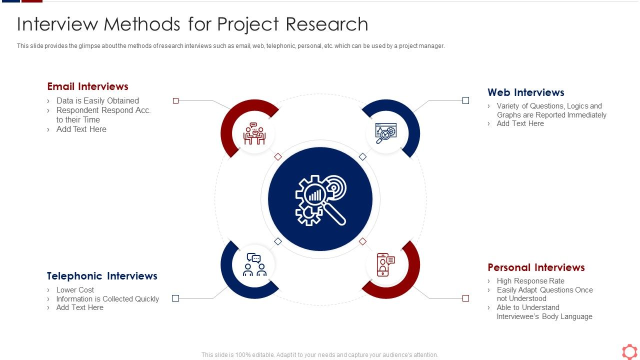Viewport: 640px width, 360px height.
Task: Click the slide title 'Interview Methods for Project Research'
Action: point(192,24)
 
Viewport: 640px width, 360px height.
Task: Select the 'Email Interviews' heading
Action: point(87,86)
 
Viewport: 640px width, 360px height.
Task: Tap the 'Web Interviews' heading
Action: point(525,92)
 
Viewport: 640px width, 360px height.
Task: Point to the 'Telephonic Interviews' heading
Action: point(102,276)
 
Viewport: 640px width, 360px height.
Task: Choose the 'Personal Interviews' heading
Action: point(536,267)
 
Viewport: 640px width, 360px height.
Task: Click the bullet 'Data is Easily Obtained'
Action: point(97,100)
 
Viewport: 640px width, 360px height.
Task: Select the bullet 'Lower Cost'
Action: point(75,290)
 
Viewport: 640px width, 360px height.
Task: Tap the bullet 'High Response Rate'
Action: point(530,281)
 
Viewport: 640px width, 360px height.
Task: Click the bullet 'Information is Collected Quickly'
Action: point(107,299)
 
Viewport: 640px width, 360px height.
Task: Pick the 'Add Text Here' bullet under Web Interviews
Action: point(520,123)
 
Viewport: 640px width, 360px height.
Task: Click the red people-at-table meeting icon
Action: point(254,133)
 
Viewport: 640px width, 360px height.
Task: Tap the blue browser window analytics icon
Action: point(385,133)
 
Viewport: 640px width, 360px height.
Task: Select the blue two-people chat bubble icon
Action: point(254,265)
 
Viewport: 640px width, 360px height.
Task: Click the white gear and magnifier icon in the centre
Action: point(320,199)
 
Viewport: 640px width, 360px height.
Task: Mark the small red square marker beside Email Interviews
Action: point(175,100)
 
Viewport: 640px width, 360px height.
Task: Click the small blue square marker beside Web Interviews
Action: point(465,100)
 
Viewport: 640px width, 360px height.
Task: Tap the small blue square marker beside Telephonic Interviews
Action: point(175,298)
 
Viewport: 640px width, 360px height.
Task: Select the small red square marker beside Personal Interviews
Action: point(465,298)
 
